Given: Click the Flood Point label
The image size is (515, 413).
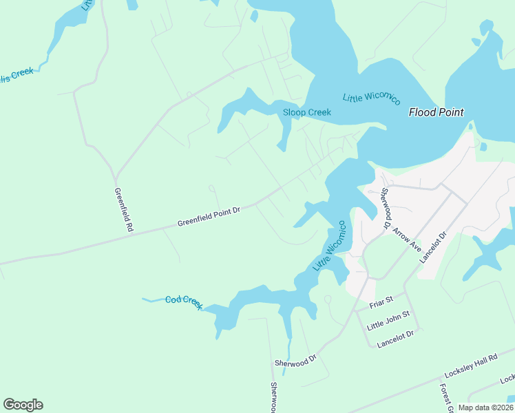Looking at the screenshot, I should (x=436, y=112).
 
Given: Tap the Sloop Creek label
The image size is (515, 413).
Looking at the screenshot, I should (x=307, y=112).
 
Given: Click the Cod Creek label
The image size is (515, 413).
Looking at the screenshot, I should (x=184, y=302).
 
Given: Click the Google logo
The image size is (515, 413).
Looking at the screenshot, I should (x=23, y=405).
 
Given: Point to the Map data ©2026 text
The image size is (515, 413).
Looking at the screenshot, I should (x=485, y=407).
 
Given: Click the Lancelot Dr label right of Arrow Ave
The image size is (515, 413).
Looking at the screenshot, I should (x=434, y=246).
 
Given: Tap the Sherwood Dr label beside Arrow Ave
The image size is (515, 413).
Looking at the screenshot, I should (x=386, y=208).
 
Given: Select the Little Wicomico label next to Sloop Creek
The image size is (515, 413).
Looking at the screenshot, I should (x=372, y=98).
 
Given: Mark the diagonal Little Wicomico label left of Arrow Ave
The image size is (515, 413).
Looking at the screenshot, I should (x=330, y=246).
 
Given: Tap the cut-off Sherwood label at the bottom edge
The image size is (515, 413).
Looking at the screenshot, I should (x=274, y=399).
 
